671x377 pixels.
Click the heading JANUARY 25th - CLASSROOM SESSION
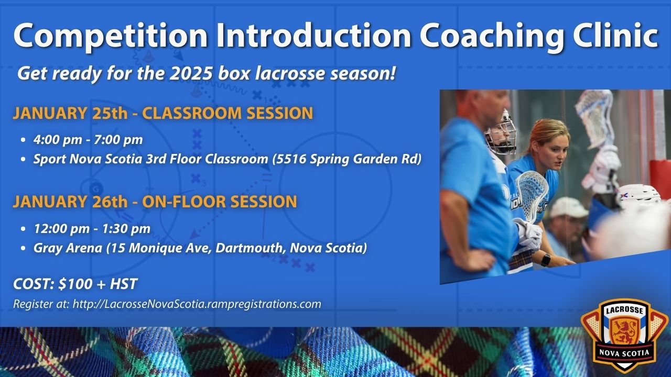(163, 113)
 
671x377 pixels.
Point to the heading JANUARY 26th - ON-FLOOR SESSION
(155, 202)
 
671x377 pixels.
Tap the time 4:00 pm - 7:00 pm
(88, 139)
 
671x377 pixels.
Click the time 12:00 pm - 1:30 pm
(92, 229)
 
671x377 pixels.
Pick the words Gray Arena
(68, 248)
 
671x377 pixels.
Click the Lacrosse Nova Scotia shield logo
(624, 335)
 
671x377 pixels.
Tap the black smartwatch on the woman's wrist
(546, 260)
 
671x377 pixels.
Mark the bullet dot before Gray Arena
(24, 248)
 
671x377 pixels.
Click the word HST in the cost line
(124, 284)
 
